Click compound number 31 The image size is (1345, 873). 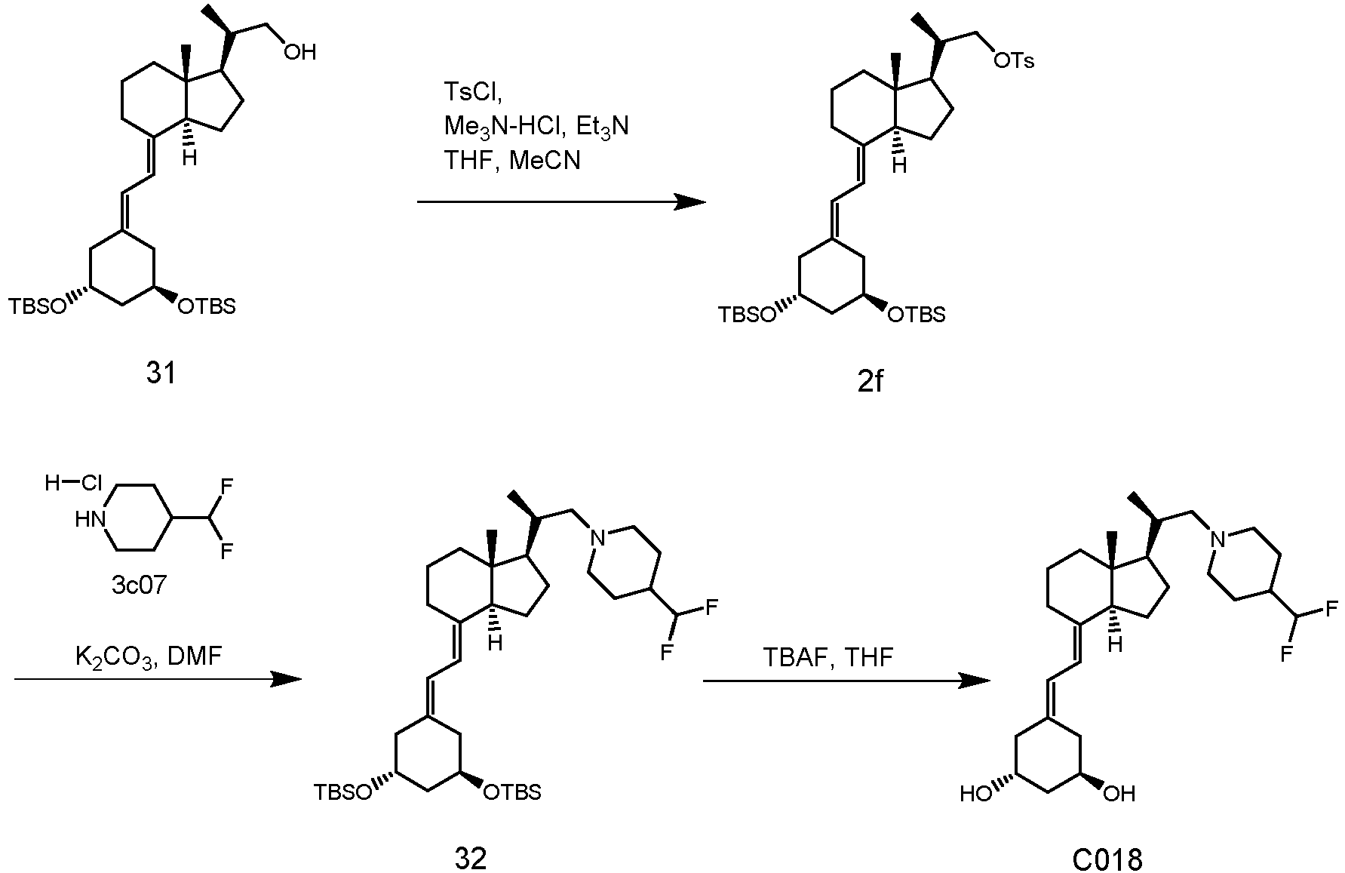160,373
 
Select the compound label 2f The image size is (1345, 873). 869,382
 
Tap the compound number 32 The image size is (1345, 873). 471,859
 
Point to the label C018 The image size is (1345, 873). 1107,859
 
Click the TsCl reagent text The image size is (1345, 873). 471,92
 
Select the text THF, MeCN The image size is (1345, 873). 512,160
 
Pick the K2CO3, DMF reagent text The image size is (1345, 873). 149,656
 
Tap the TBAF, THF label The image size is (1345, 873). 828,656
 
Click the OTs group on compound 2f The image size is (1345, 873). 1014,60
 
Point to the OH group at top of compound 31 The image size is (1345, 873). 299,51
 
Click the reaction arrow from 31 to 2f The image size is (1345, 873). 561,202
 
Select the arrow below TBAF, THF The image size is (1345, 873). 846,681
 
